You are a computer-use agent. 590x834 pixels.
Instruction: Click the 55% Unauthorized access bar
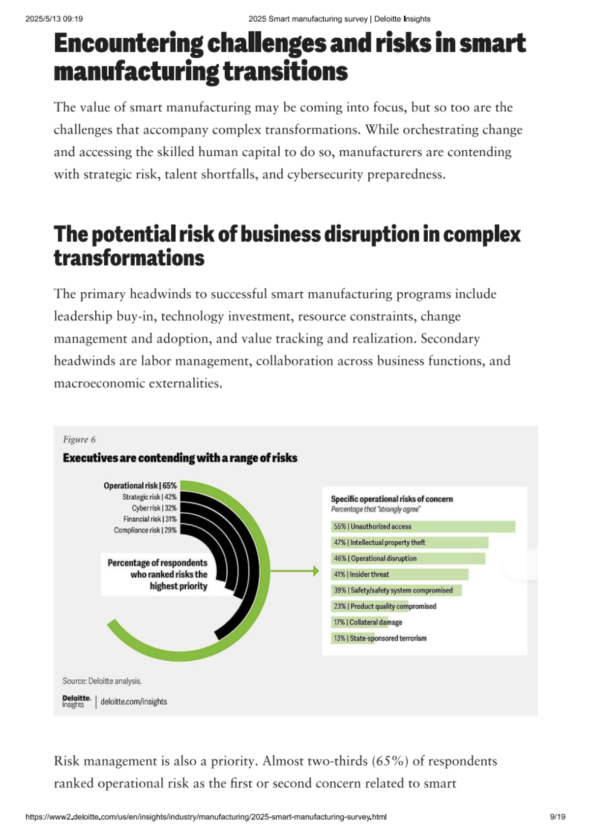(423, 527)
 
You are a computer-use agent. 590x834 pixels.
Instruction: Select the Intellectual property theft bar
(410, 542)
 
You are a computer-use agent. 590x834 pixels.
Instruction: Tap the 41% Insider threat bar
(399, 574)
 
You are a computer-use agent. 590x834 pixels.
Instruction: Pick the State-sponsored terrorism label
(388, 638)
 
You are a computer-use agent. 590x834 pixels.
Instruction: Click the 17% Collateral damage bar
(359, 622)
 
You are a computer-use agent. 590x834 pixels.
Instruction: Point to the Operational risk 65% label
(140, 485)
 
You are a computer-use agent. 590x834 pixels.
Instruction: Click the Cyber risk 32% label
(154, 508)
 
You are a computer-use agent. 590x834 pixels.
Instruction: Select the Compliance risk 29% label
(145, 530)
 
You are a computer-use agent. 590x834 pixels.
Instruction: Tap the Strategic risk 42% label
(149, 497)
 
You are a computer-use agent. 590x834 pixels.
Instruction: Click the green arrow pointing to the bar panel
(295, 571)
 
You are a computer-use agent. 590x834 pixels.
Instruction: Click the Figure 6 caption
(79, 439)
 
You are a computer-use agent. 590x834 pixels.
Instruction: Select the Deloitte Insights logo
(76, 701)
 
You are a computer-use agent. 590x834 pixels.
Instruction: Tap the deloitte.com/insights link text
(134, 701)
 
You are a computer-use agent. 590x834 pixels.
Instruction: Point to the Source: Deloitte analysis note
(102, 681)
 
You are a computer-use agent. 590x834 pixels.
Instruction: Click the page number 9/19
(558, 817)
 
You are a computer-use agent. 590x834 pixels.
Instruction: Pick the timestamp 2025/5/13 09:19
(54, 19)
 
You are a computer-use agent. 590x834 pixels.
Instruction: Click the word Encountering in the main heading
(128, 44)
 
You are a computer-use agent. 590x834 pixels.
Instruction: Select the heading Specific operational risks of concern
(391, 499)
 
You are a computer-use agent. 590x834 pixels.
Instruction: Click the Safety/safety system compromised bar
(396, 590)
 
